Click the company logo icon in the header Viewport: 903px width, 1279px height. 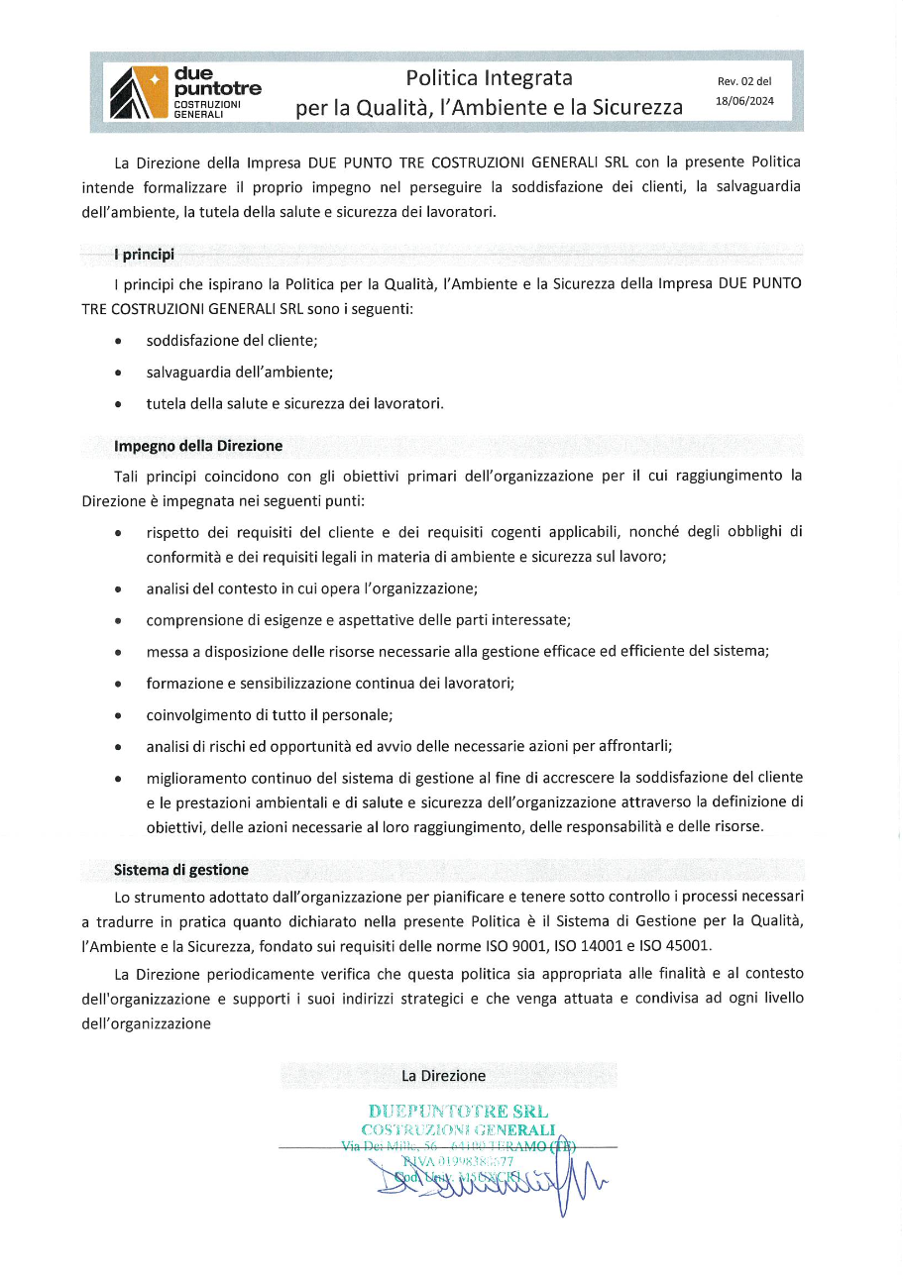[139, 92]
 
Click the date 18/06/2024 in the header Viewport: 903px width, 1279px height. [744, 101]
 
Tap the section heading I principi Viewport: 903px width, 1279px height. [144, 255]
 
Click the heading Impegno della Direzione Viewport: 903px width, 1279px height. [198, 446]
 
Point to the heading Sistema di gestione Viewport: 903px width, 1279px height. [181, 870]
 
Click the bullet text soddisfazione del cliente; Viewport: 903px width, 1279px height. [232, 340]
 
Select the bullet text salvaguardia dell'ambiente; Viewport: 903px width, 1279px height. [239, 372]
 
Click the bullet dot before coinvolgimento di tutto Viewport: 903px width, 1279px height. [119, 715]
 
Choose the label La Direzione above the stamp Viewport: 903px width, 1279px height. [443, 1075]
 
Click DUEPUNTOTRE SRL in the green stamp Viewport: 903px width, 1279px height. [458, 1112]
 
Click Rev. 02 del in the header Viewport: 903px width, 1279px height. [744, 82]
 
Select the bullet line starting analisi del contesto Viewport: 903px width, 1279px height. [311, 588]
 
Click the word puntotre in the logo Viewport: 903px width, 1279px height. [217, 90]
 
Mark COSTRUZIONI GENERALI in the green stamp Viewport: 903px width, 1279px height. [458, 1129]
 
